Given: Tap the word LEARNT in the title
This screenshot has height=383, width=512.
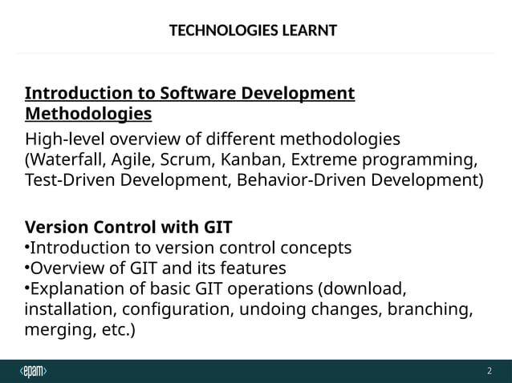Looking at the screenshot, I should (305, 31).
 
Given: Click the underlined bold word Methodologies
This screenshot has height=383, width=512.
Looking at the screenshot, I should (88, 113).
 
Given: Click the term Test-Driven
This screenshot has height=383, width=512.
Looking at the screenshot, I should (73, 179).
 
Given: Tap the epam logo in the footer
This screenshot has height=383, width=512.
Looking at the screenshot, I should (34, 371).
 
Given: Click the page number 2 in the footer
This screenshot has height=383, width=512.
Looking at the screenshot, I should (489, 371).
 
